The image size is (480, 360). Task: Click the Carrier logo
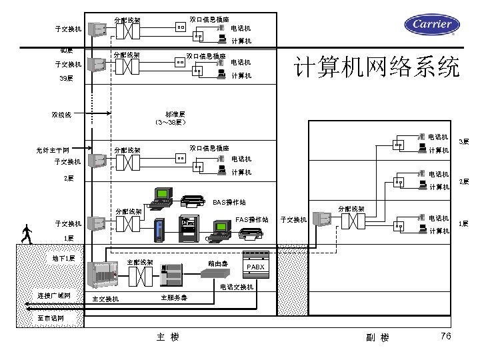(432, 25)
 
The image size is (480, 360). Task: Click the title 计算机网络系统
(377, 68)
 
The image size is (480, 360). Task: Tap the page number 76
(446, 335)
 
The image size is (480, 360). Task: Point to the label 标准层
(175, 114)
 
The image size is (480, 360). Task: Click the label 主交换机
(105, 298)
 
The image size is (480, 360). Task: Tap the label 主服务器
(174, 297)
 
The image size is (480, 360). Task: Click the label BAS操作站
(229, 201)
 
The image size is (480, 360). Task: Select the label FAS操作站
(252, 219)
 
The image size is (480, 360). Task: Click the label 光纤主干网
(54, 149)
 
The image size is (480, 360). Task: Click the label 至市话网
(51, 318)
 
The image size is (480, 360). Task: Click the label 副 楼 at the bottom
(377, 337)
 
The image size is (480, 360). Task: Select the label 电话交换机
(237, 287)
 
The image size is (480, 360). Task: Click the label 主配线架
(140, 262)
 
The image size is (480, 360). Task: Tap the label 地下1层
(64, 257)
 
